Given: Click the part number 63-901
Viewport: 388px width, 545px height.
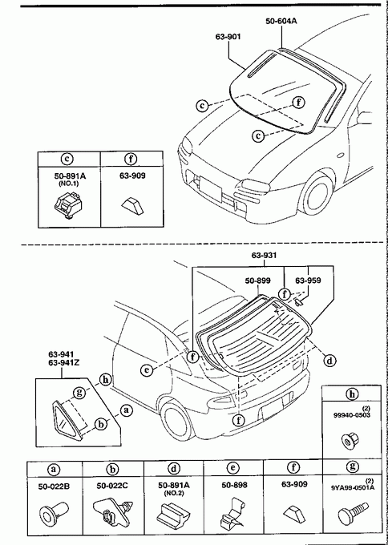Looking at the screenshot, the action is (228, 37).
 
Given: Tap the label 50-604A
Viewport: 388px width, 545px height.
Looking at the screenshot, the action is (281, 21).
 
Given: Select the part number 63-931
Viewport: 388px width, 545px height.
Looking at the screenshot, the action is (265, 256).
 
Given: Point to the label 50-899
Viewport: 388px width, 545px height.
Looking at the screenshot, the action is (258, 281).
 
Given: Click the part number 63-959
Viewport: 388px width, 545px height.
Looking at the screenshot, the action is (308, 281).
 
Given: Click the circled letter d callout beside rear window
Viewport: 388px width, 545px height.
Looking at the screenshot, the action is (329, 361).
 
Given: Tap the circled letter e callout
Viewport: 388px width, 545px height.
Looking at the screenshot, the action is (147, 370).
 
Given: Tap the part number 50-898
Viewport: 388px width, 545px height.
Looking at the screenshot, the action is (233, 485).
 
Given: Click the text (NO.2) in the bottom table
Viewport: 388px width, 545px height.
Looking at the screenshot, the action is (173, 493).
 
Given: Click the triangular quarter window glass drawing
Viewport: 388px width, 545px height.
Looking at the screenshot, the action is (67, 421).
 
